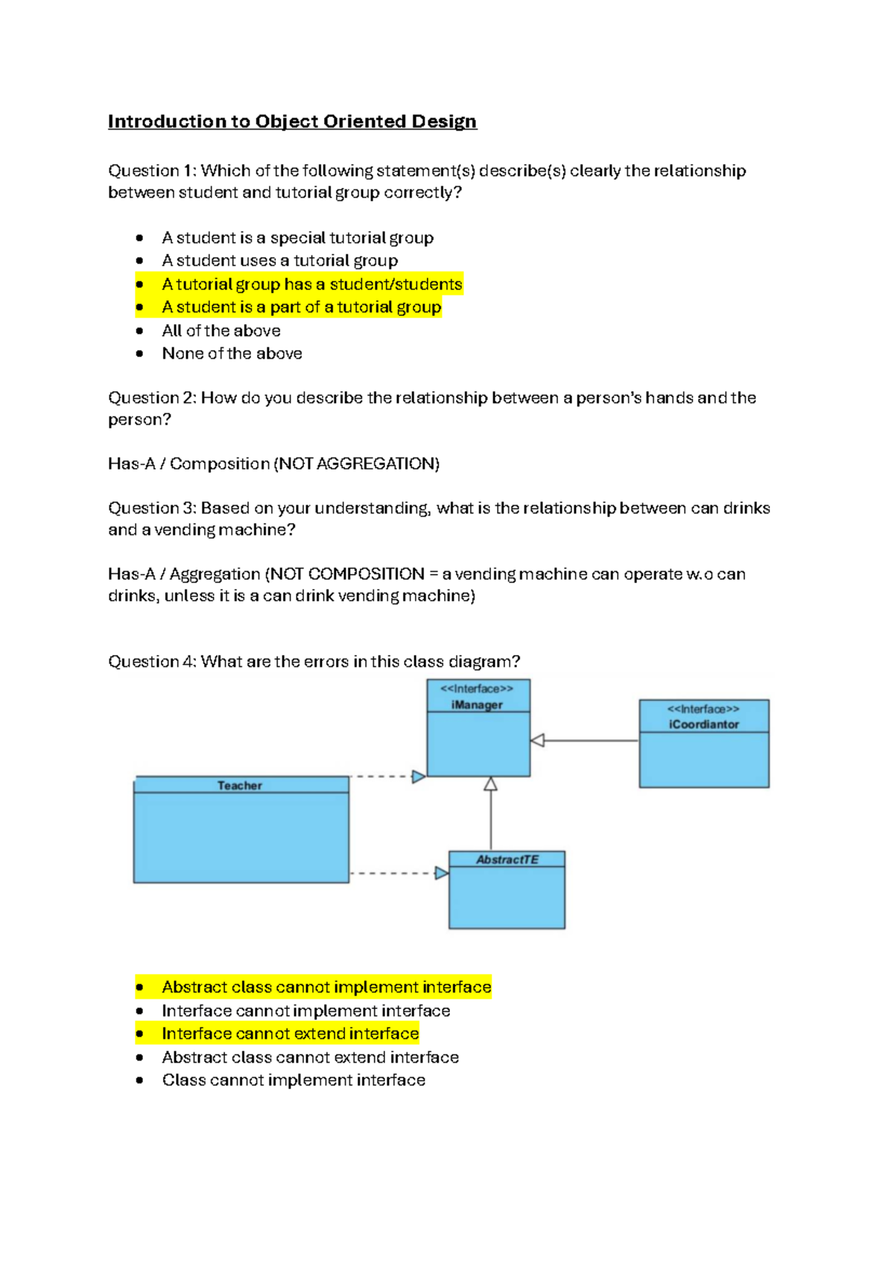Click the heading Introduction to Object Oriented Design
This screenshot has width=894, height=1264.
pyautogui.click(x=292, y=121)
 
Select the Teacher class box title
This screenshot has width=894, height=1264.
pyautogui.click(x=239, y=786)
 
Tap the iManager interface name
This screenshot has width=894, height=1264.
pyautogui.click(x=477, y=705)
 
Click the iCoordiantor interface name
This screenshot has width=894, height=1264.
pyautogui.click(x=703, y=724)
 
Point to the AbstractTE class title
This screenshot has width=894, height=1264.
pyautogui.click(x=507, y=860)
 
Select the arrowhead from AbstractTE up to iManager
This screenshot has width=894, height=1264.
pyautogui.click(x=490, y=784)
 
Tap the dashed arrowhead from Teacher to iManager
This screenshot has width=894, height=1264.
pyautogui.click(x=419, y=777)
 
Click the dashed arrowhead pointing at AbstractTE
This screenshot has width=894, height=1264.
pyautogui.click(x=442, y=873)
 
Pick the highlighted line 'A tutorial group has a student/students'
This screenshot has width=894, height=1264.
pyautogui.click(x=312, y=285)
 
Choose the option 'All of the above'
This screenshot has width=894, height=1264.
pyautogui.click(x=221, y=331)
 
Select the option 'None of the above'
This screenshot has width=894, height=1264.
pyautogui.click(x=232, y=354)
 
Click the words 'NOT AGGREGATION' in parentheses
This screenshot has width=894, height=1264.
pyautogui.click(x=357, y=464)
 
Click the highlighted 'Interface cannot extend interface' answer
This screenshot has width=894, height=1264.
pyautogui.click(x=290, y=1034)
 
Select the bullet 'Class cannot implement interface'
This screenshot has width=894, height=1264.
pyautogui.click(x=294, y=1080)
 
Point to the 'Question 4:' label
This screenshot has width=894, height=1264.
pyautogui.click(x=152, y=662)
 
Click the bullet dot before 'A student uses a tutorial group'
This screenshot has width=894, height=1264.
pyautogui.click(x=139, y=261)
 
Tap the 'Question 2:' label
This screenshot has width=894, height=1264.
pyautogui.click(x=152, y=398)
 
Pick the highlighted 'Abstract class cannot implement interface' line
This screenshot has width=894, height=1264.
pyautogui.click(x=326, y=987)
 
